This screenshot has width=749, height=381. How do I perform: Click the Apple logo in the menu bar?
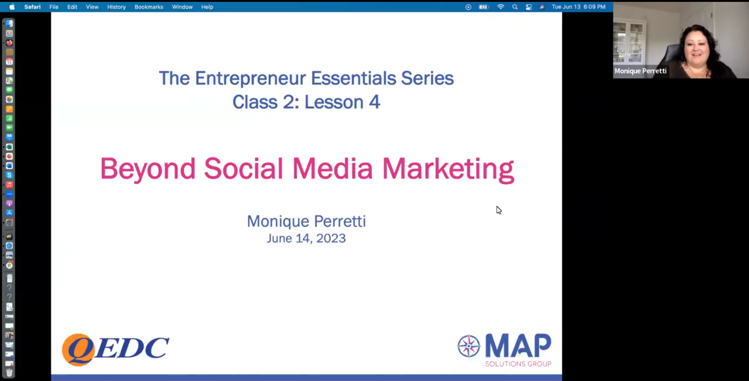[x=12, y=7]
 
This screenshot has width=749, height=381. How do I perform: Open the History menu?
[x=116, y=7]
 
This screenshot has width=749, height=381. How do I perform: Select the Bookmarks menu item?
[x=149, y=7]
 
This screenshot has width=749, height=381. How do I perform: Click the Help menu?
[x=208, y=7]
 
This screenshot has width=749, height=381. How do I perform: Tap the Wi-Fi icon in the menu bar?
[x=501, y=7]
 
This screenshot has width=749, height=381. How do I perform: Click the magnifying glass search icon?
[x=515, y=7]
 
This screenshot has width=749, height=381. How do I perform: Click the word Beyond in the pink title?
[x=148, y=169]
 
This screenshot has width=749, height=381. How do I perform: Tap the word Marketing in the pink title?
[x=448, y=169]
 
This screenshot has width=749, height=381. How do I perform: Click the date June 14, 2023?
[x=306, y=238]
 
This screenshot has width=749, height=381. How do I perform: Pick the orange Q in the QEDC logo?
[x=78, y=350]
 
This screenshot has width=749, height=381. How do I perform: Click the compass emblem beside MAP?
[x=469, y=346]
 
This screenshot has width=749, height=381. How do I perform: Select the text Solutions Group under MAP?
[x=518, y=364]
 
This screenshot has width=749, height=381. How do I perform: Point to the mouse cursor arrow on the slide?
[x=499, y=210]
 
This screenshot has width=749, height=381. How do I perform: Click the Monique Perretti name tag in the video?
[x=640, y=71]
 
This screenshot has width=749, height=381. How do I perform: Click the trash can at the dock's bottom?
[x=9, y=373]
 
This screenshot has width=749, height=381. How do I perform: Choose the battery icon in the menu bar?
[x=483, y=7]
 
